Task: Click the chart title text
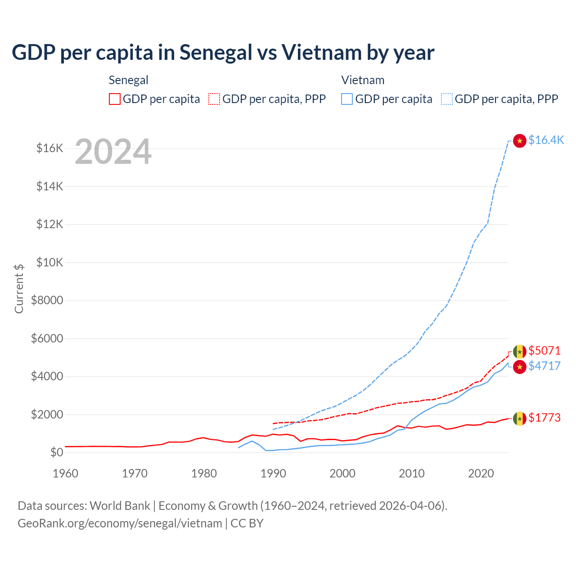(x=223, y=53)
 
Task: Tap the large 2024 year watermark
(x=113, y=152)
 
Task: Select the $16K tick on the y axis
(x=50, y=148)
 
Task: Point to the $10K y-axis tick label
(x=50, y=262)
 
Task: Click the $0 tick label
(x=57, y=452)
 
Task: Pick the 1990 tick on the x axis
(x=273, y=473)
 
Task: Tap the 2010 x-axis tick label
(x=412, y=473)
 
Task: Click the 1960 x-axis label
(x=66, y=473)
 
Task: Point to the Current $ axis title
(x=19, y=288)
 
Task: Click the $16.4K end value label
(x=546, y=140)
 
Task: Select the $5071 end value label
(x=544, y=351)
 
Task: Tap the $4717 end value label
(x=544, y=366)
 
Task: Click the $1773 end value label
(x=544, y=418)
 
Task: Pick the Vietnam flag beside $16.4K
(x=520, y=141)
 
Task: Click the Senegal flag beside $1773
(x=520, y=418)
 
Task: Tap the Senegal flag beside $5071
(x=520, y=351)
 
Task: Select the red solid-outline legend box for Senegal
(x=115, y=99)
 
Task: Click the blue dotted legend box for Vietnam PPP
(x=447, y=99)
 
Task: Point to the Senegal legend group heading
(x=128, y=80)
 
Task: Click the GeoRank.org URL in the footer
(x=120, y=523)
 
